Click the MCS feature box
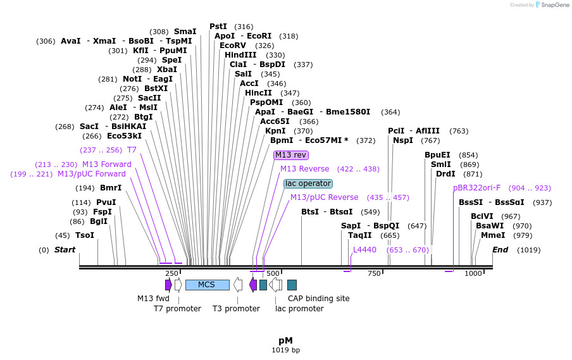[207, 285]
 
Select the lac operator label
[308, 183]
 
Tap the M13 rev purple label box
[290, 155]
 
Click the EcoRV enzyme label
[233, 46]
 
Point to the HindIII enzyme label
[240, 55]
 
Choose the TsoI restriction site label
[85, 235]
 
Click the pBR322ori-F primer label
[476, 188]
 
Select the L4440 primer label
[364, 250]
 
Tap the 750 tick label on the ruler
[374, 273]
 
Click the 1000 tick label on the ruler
[473, 273]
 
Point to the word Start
[65, 250]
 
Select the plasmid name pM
[285, 340]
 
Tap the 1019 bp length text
[286, 350]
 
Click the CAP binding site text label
[318, 299]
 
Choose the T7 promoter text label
[177, 309]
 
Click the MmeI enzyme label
[493, 235]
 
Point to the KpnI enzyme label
[267, 131]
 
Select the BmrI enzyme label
[111, 188]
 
